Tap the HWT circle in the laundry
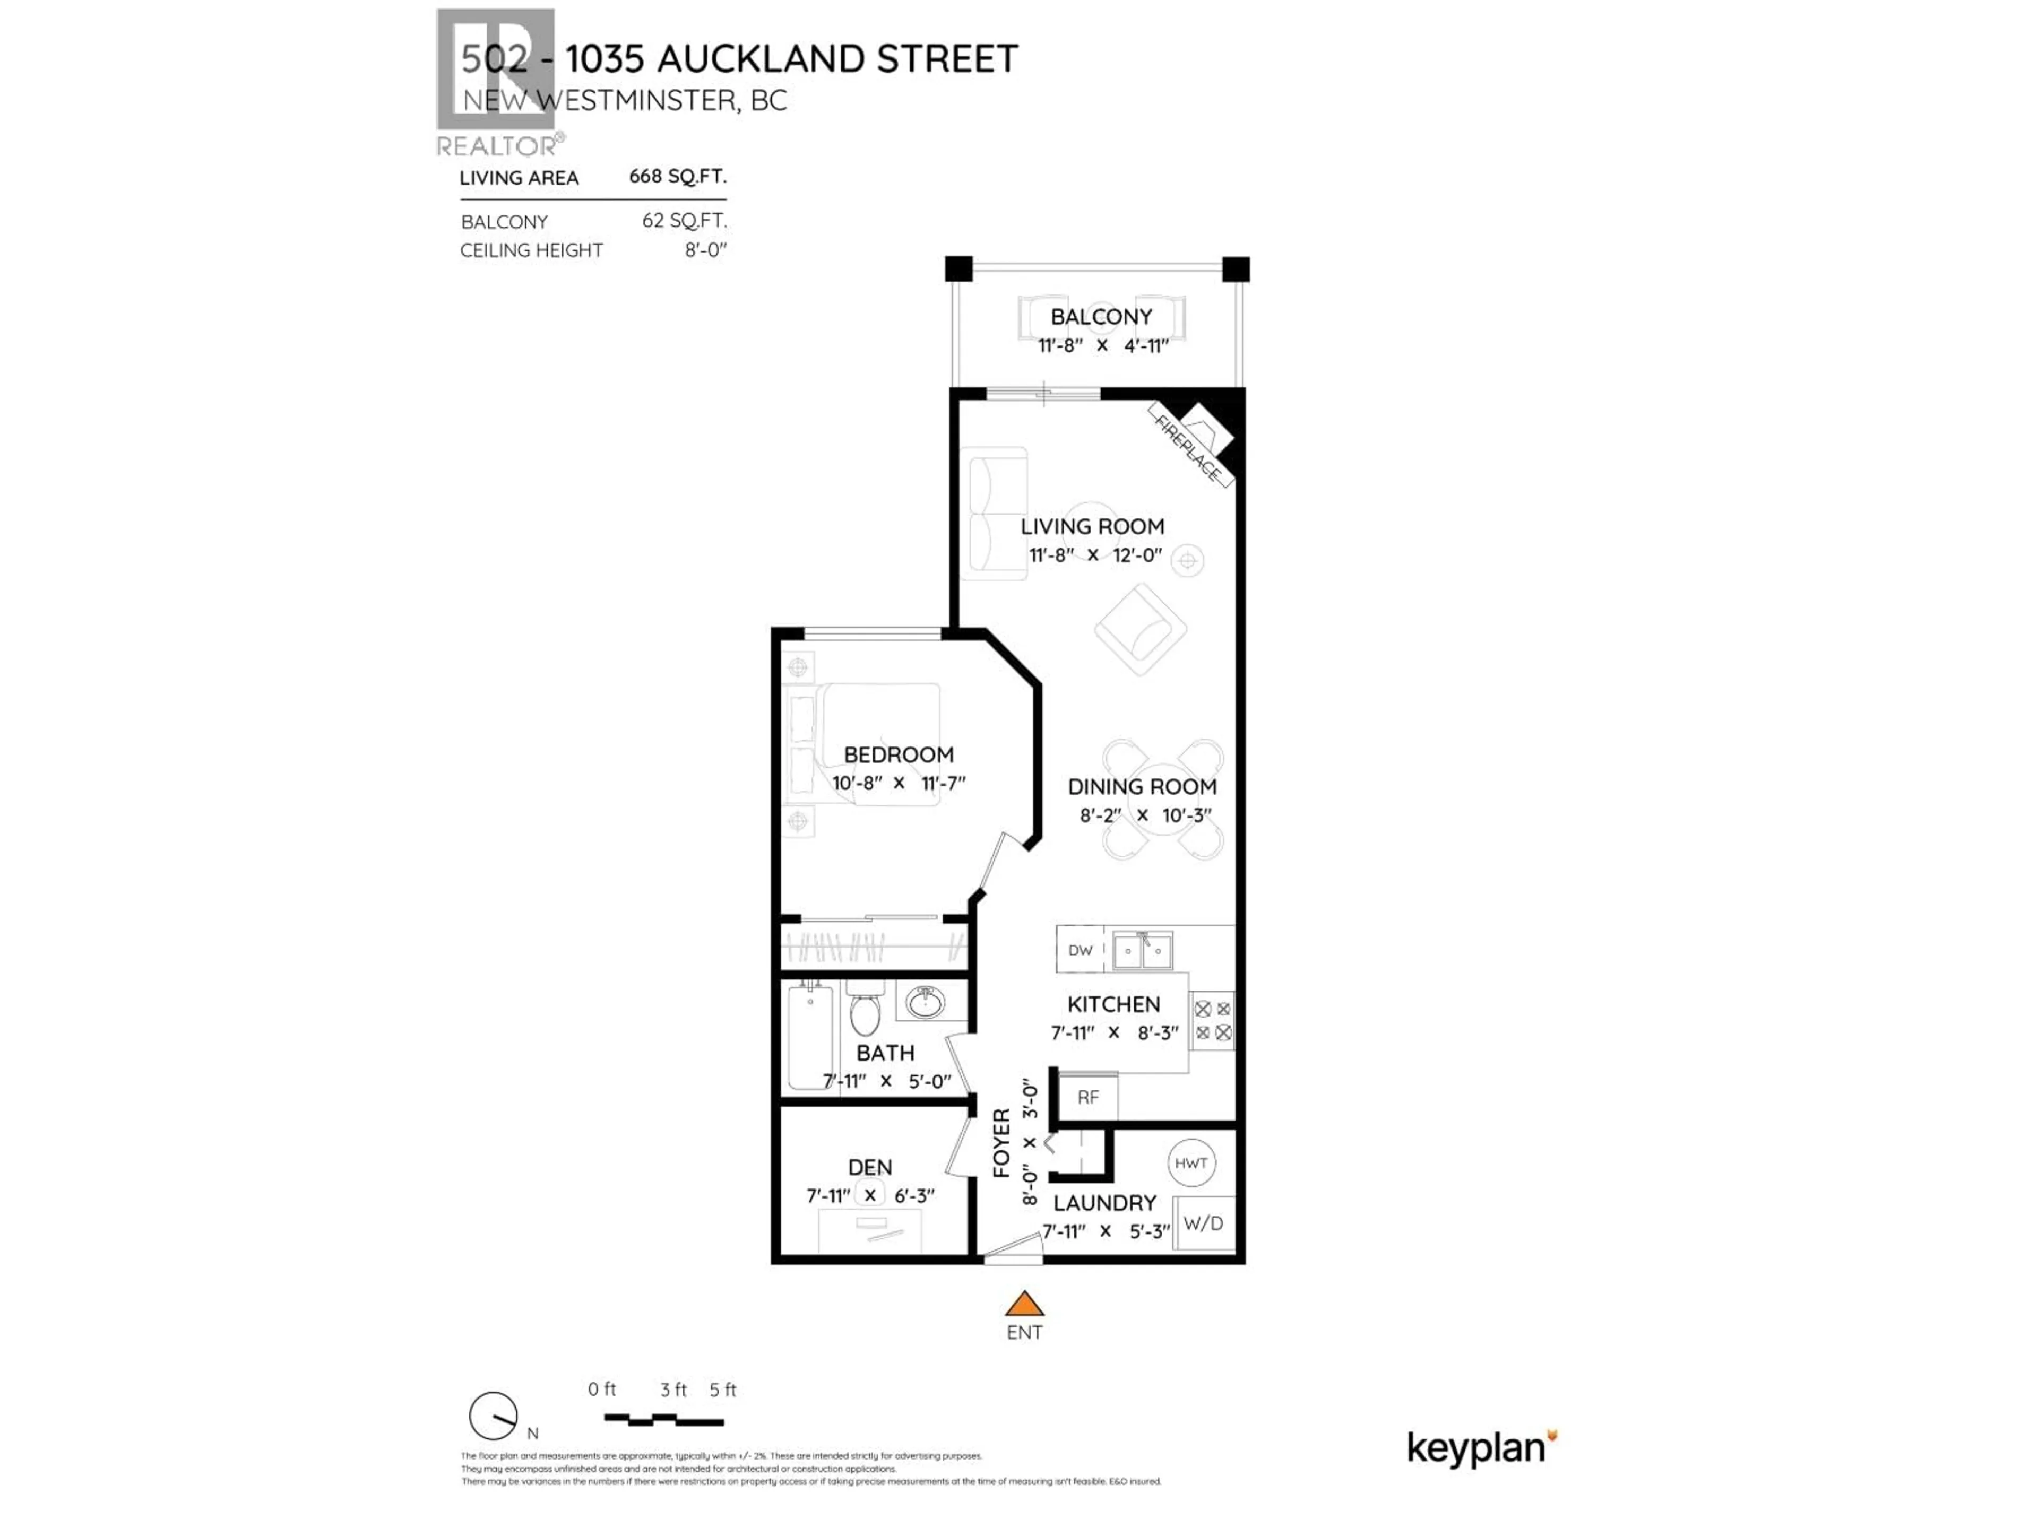pos(1190,1164)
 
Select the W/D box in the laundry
pos(1203,1223)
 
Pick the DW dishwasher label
pos(1080,950)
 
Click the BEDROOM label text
pos(899,754)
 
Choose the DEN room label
pos(870,1167)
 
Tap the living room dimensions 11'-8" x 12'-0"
pos(1094,555)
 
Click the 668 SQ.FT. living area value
pos(677,176)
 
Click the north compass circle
pos(493,1416)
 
